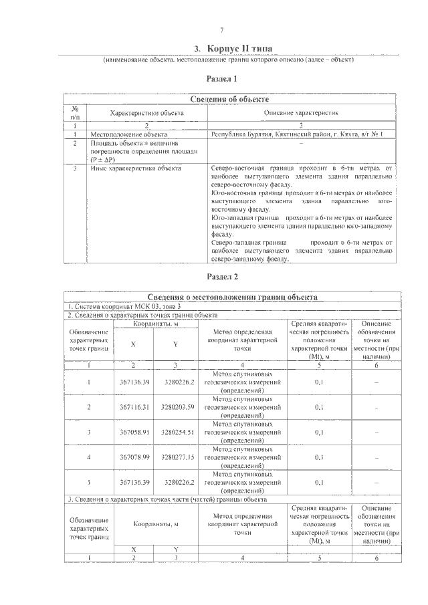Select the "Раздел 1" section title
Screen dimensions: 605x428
click(221, 78)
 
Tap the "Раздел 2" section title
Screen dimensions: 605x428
click(221, 276)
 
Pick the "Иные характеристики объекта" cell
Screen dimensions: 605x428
click(135, 168)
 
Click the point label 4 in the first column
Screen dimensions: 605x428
click(89, 457)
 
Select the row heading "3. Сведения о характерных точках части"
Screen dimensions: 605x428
click(167, 499)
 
